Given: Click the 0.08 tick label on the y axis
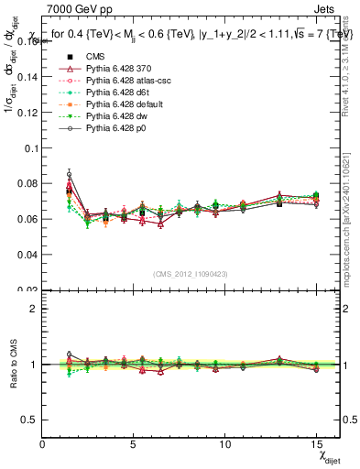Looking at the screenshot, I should [x=27, y=183].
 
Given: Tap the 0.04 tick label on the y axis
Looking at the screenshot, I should [x=27, y=255].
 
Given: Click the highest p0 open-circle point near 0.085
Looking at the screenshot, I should [x=69, y=173].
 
